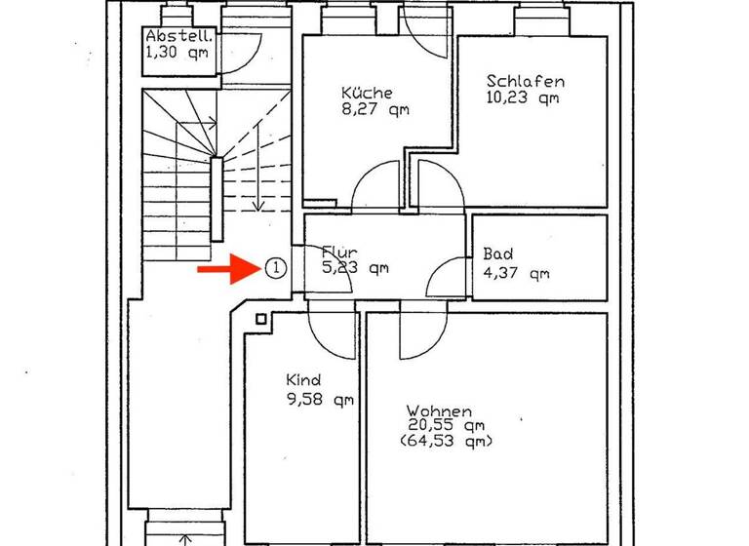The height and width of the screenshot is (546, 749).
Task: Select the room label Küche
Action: click(x=367, y=94)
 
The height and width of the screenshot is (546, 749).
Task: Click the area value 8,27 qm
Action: click(x=374, y=110)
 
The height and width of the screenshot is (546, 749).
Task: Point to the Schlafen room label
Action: click(x=525, y=82)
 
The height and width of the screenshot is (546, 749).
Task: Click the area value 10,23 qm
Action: click(x=522, y=97)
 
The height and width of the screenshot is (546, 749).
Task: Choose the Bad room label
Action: click(x=497, y=255)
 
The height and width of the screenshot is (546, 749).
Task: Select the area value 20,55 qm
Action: click(x=447, y=426)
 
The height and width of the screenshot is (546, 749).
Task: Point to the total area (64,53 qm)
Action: click(x=447, y=442)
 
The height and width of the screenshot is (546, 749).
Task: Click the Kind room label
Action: click(x=302, y=380)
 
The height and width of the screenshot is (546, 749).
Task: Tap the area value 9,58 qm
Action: click(x=320, y=399)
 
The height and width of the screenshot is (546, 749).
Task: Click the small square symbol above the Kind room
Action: click(x=261, y=319)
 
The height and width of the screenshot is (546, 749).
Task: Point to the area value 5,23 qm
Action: click(x=356, y=269)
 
